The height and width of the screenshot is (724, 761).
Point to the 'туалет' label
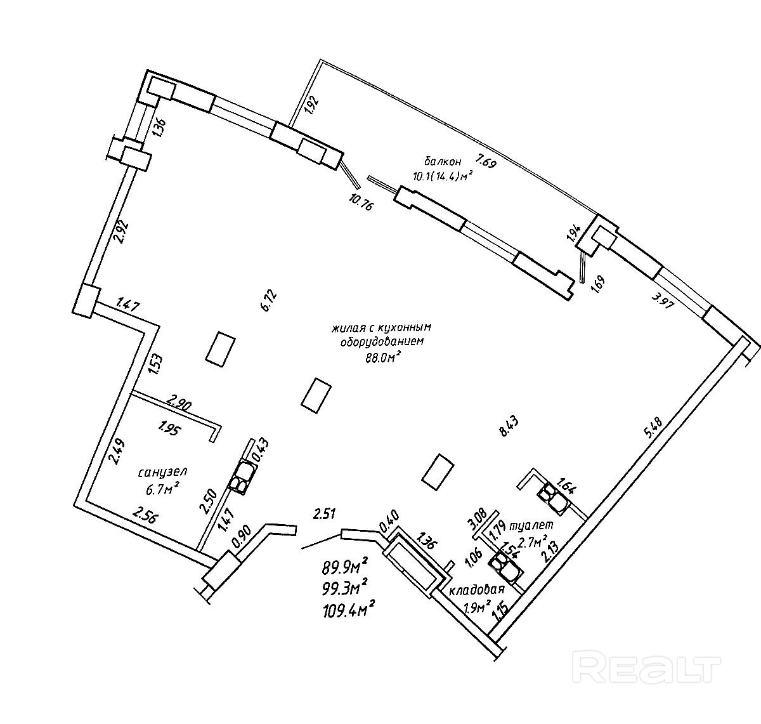coord(536,525)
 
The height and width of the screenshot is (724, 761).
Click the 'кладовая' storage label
coord(476,591)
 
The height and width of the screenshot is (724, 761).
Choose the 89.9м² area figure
coord(346,567)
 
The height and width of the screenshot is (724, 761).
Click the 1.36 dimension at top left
coord(159,128)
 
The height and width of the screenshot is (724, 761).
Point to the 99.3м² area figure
coord(346,589)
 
